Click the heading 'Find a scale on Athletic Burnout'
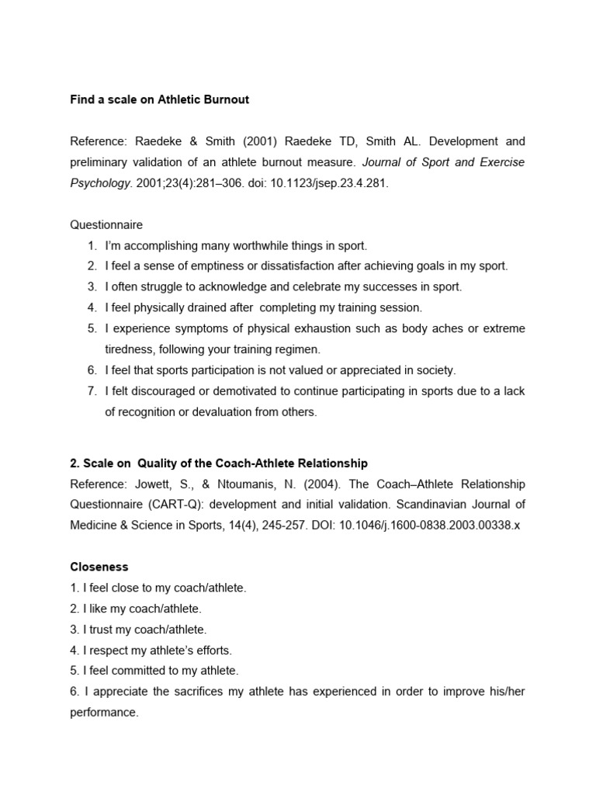159,99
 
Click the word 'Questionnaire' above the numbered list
106,224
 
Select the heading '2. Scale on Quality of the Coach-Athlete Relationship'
219,463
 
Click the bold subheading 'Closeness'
99,567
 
